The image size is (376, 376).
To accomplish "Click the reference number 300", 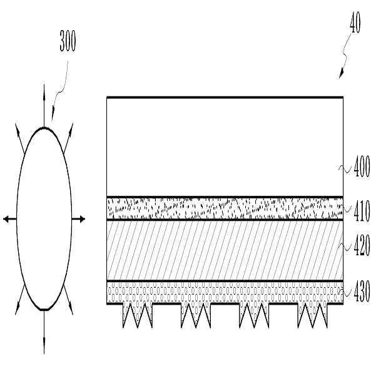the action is (68, 41).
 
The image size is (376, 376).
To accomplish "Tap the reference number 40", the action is (355, 23).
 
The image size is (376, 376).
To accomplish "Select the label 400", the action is (362, 166).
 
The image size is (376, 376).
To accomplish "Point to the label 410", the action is (362, 211).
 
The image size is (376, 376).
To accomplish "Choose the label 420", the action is (362, 245).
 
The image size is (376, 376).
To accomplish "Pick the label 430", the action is (362, 292).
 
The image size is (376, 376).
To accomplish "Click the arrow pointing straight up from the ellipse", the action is (44, 106).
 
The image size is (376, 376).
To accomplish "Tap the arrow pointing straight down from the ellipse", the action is (44, 332).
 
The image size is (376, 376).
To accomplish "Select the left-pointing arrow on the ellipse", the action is (10, 219).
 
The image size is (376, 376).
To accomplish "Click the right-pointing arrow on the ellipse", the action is (78, 219).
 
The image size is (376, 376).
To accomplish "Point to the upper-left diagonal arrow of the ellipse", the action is (20, 138).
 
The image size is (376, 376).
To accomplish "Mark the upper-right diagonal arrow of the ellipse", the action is (68, 138).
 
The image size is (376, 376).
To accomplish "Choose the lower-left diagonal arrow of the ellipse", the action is (20, 300).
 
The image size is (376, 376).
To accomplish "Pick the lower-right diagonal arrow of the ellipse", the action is (68, 300).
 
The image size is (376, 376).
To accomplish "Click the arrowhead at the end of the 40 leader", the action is (341, 74).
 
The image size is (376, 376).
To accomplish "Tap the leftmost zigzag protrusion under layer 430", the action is (138, 315).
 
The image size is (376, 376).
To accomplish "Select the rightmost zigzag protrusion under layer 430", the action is (312, 315).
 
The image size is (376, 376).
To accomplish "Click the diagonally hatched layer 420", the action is (225, 250).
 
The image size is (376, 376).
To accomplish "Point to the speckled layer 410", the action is (225, 208).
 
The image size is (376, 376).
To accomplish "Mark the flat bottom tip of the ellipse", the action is (44, 310).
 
